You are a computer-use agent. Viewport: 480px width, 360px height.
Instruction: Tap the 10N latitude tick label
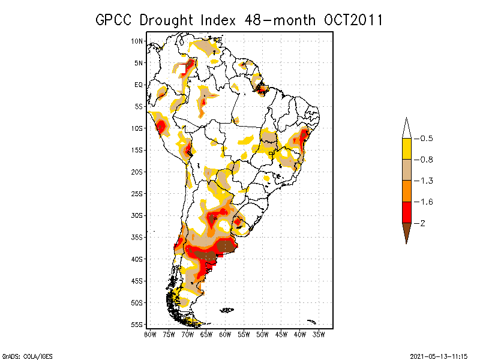[137, 41]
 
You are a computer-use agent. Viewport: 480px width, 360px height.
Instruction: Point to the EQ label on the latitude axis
[139, 85]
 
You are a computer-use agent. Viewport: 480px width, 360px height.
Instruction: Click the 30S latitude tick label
[137, 215]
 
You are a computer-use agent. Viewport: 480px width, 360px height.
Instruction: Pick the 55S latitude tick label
[137, 324]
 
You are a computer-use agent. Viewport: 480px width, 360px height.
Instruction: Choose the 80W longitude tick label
[150, 334]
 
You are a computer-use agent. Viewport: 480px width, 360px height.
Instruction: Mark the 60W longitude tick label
[225, 334]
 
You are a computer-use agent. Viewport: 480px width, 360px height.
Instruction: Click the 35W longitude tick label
[319, 334]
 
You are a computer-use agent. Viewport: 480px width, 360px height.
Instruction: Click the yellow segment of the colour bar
[406, 149]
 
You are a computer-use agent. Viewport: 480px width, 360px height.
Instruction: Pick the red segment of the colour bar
[406, 212]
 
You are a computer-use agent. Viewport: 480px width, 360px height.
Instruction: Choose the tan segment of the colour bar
[406, 170]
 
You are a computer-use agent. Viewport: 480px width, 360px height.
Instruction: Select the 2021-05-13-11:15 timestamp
[439, 355]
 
